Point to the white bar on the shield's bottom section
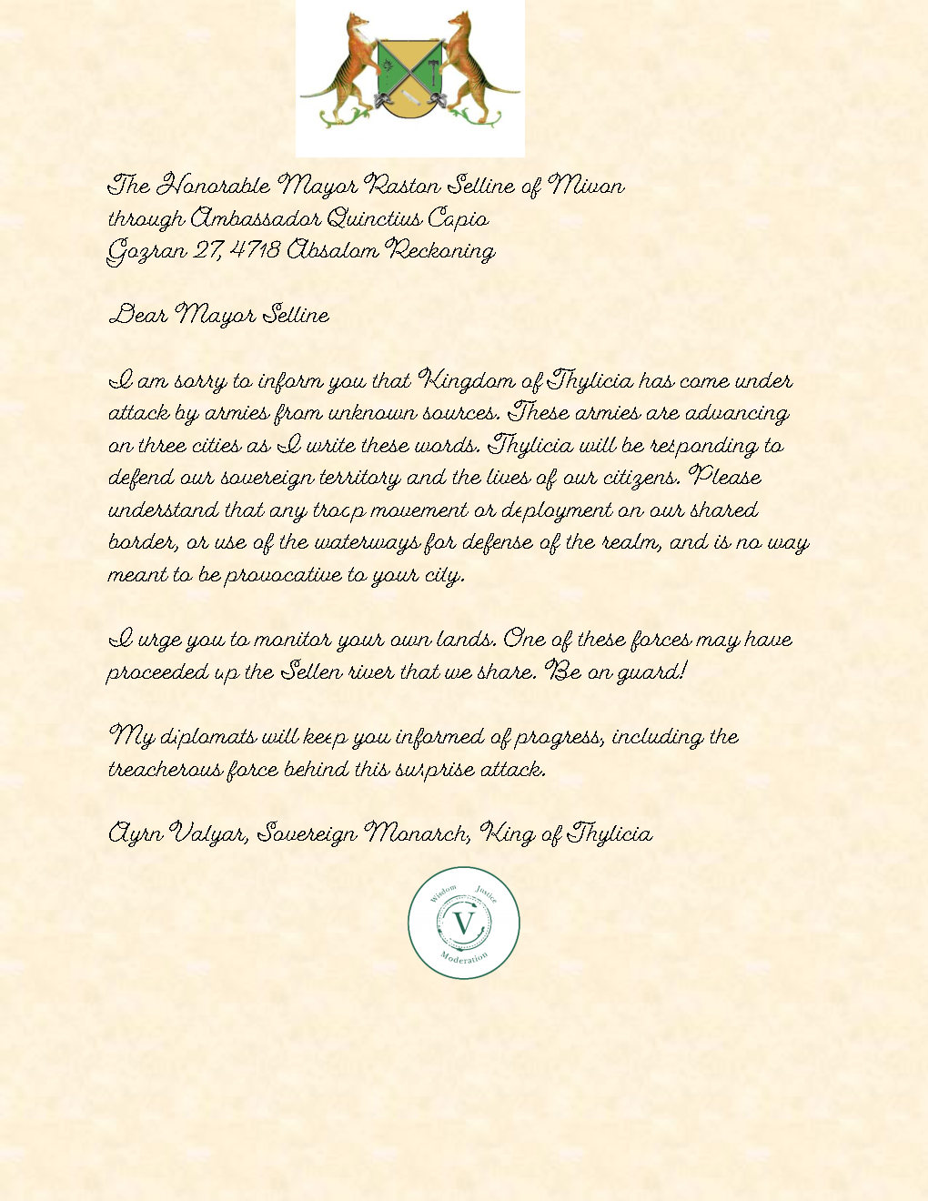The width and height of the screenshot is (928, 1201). (409, 97)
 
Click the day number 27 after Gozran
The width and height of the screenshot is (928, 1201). (206, 250)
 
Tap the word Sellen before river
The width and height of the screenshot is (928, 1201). (311, 672)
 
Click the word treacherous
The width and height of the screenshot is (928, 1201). (164, 770)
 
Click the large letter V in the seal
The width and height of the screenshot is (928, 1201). (464, 924)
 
